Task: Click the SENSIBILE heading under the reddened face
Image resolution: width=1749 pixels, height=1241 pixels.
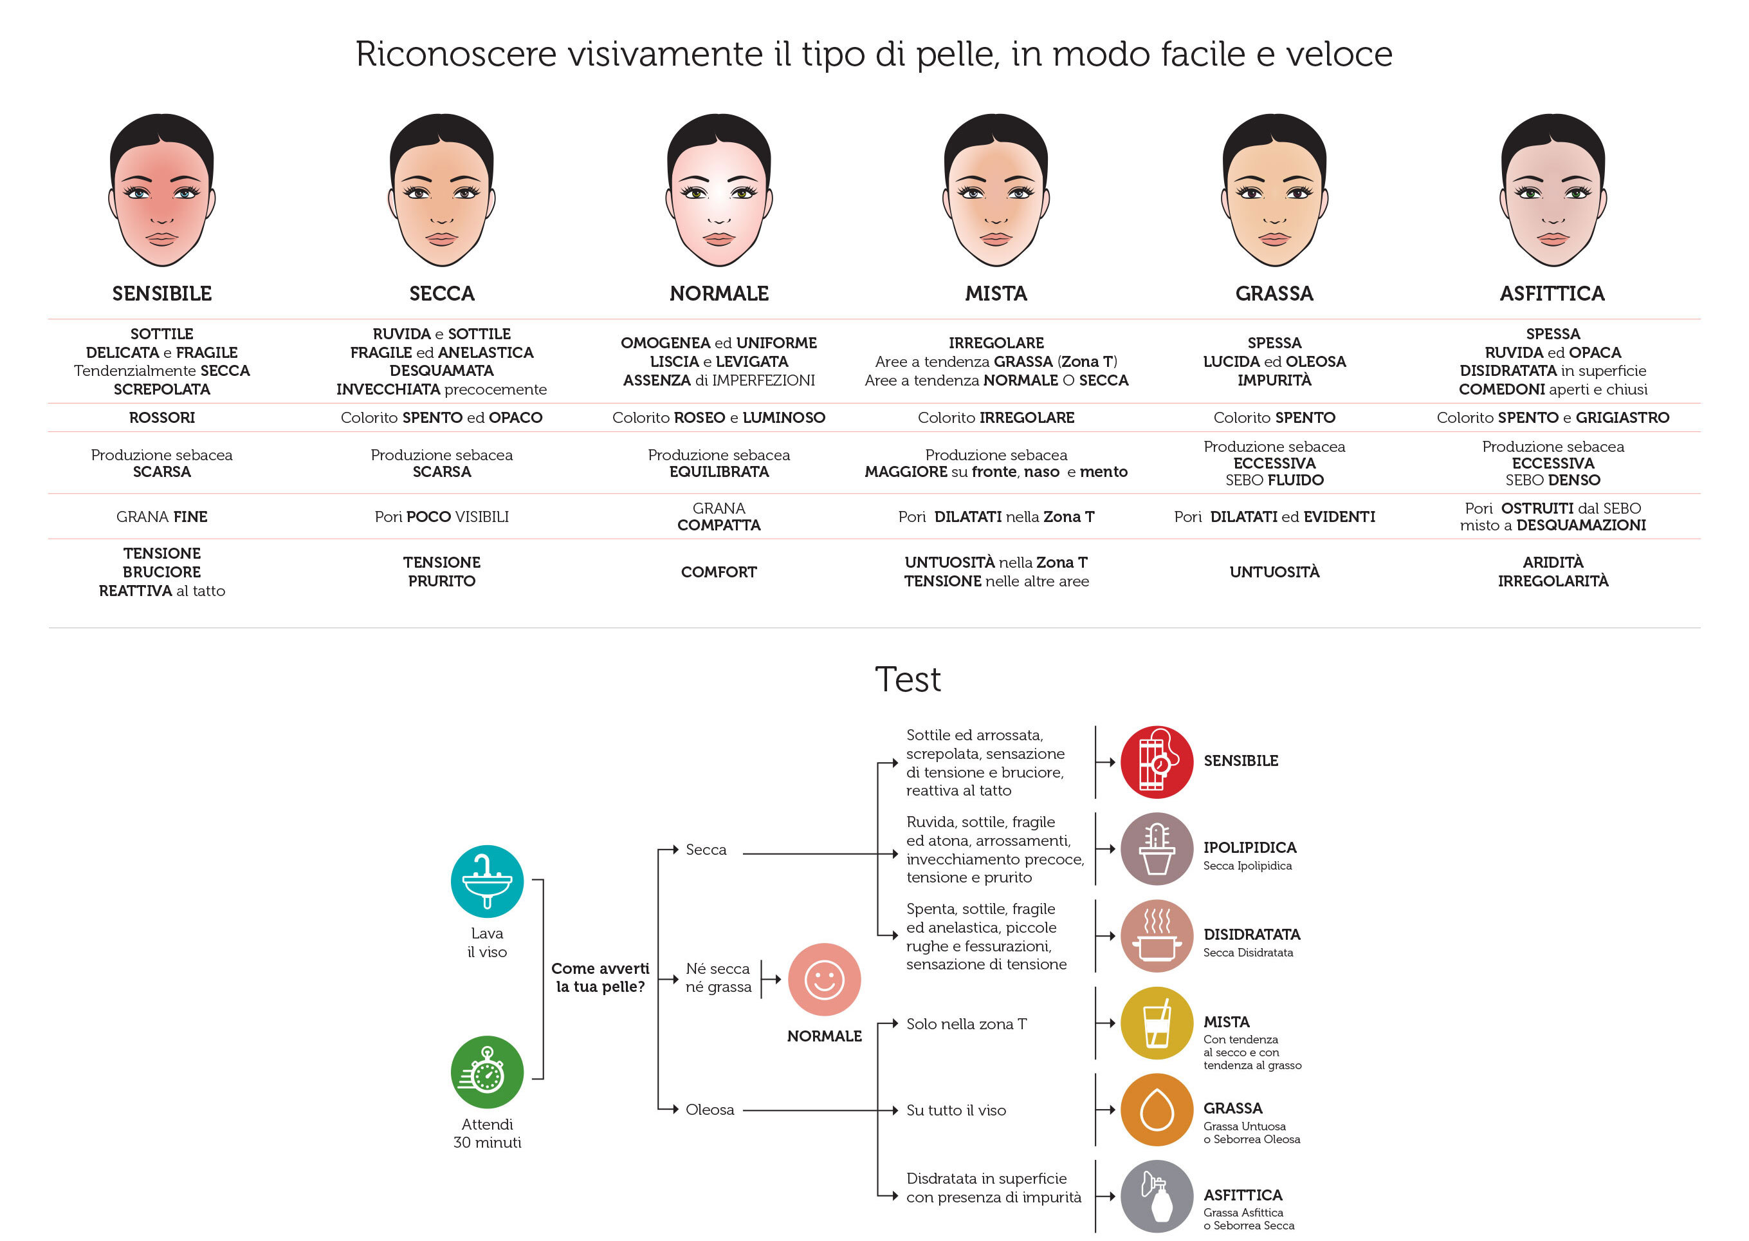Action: pos(162,294)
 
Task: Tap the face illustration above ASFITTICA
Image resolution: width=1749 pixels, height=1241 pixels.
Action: pos(1552,191)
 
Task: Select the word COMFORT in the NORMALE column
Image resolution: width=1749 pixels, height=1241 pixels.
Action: pos(719,572)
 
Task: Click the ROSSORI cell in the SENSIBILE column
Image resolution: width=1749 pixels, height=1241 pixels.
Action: pos(162,417)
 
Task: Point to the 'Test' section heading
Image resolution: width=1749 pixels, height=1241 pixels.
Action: pos(908,679)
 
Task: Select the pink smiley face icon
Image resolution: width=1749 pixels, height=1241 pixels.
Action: pos(824,979)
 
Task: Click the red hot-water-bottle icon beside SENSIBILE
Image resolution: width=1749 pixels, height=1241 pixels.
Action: pos(1157,762)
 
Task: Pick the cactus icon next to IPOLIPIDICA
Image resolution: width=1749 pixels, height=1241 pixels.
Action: pos(1157,848)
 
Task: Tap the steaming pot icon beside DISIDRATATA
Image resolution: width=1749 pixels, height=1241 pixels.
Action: pos(1157,935)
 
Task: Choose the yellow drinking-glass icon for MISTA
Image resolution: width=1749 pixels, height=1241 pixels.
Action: pos(1157,1022)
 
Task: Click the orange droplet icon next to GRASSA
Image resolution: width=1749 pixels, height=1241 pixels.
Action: pos(1157,1110)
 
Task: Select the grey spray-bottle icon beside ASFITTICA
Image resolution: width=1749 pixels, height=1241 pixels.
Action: pos(1157,1196)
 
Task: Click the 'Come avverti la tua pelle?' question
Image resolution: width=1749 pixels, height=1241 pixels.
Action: pos(600,977)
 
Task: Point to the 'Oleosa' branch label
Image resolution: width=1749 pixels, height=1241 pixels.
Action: pos(710,1110)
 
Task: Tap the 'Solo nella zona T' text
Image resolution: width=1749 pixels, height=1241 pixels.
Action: pos(966,1024)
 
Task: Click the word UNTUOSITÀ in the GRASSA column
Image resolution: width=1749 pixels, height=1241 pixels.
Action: pos(1274,572)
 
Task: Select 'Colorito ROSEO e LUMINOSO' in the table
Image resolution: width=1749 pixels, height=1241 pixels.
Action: pos(719,417)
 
